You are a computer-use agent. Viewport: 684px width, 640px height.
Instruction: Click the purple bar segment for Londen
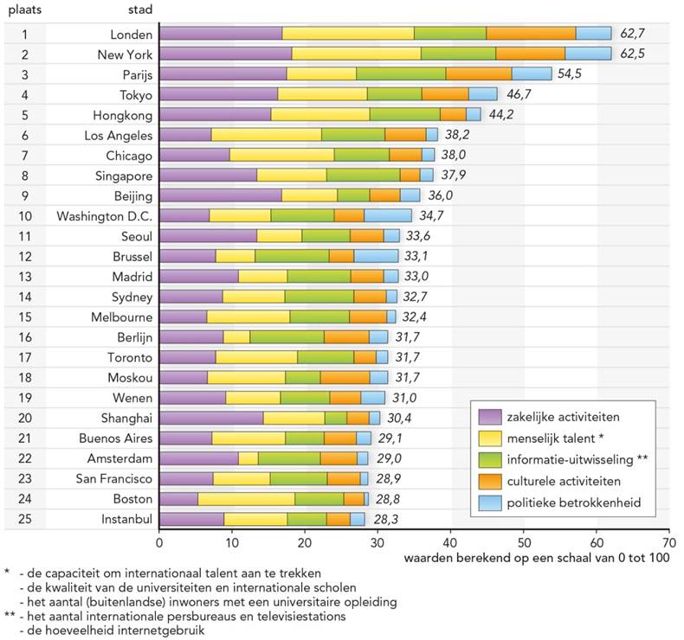(221, 34)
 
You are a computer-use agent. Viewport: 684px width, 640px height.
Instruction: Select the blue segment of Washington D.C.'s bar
(388, 215)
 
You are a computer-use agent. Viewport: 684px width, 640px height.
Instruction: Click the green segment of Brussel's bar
(292, 256)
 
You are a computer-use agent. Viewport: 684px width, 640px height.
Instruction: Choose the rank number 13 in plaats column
(25, 277)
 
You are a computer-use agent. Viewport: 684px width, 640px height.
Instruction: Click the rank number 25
(25, 519)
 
